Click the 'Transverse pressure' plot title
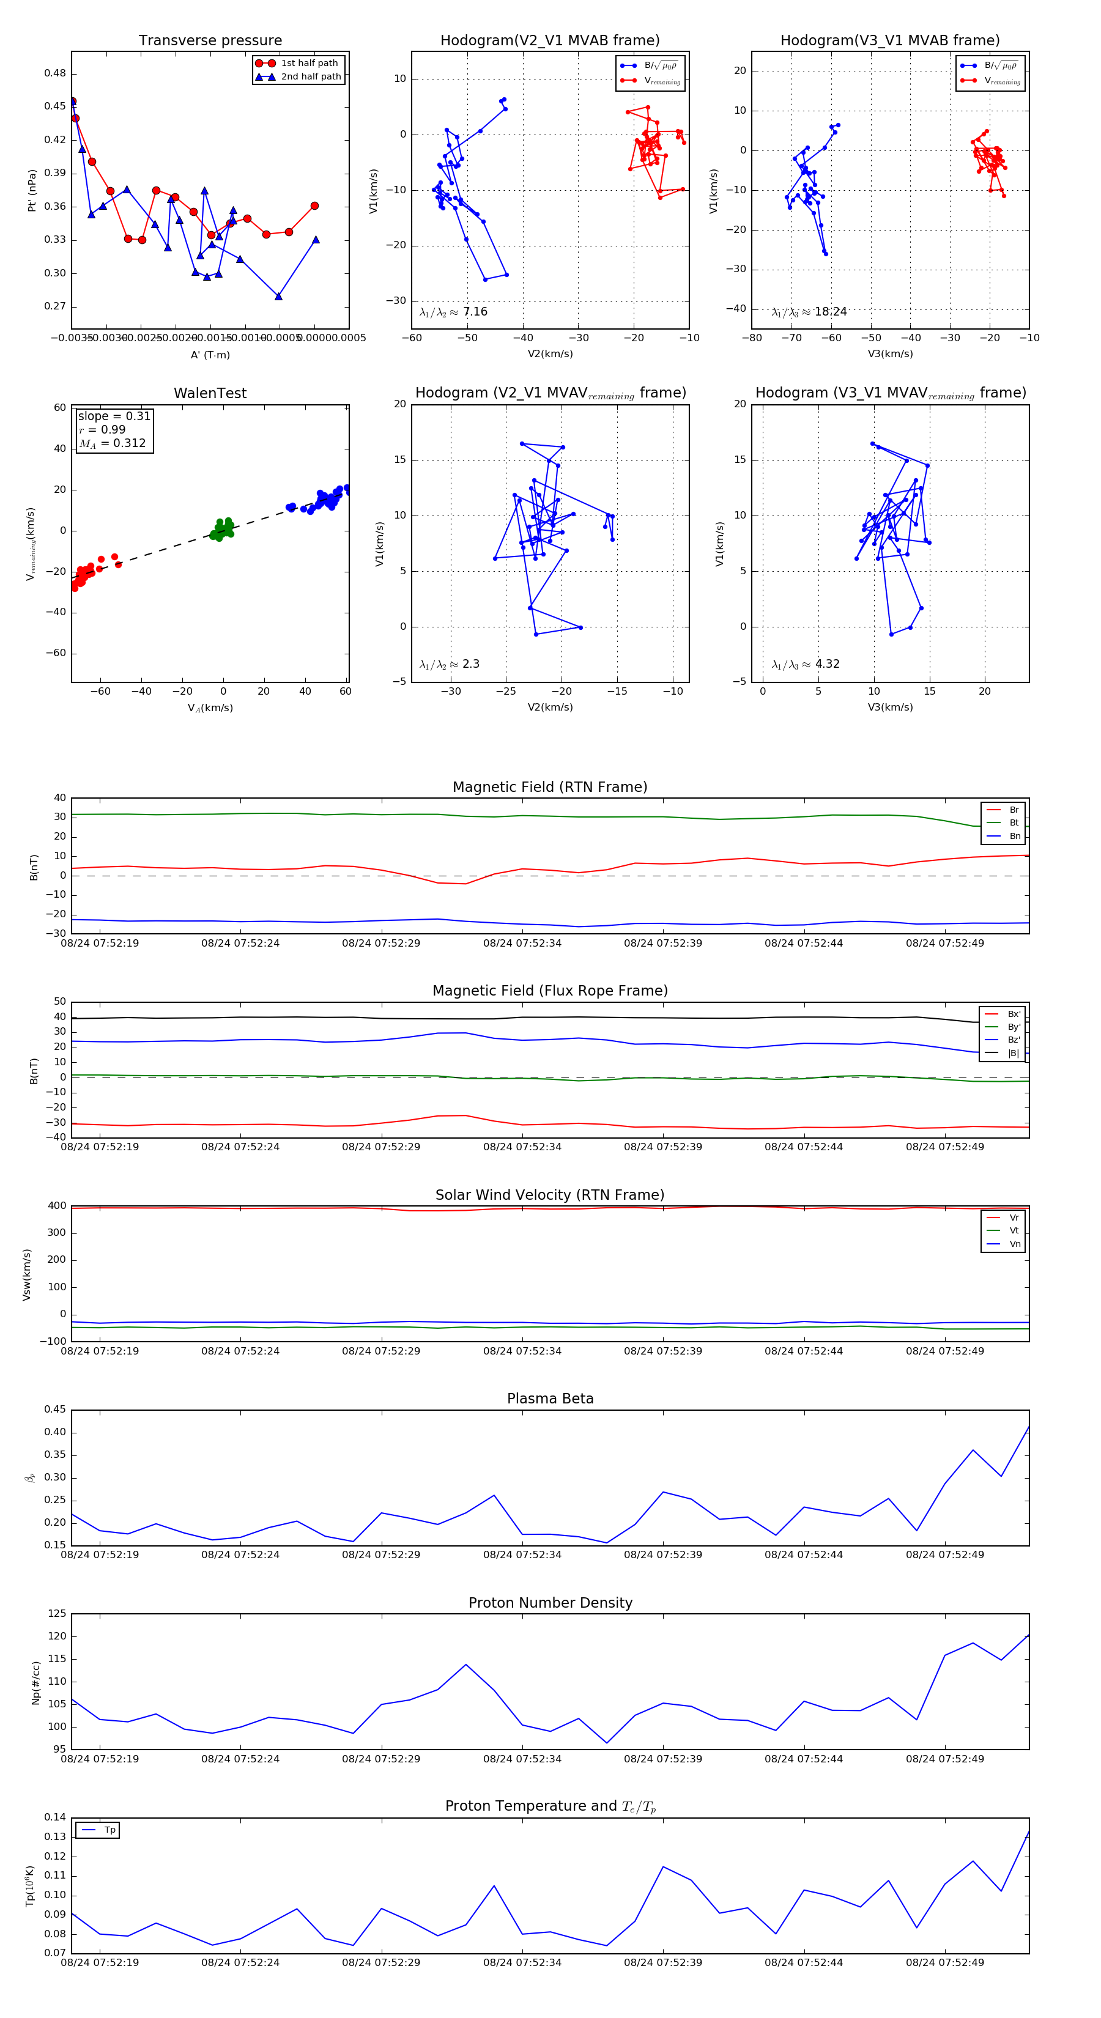point(210,41)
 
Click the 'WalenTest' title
point(210,393)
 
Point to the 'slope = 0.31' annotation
point(114,416)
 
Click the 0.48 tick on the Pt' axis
point(55,73)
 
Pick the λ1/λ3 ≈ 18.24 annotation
point(809,312)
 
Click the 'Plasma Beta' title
point(550,1399)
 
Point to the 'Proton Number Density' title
point(550,1603)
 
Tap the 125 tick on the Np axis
point(57,1614)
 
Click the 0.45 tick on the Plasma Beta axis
point(55,1410)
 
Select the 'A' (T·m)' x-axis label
point(210,355)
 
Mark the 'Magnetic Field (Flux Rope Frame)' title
point(550,991)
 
